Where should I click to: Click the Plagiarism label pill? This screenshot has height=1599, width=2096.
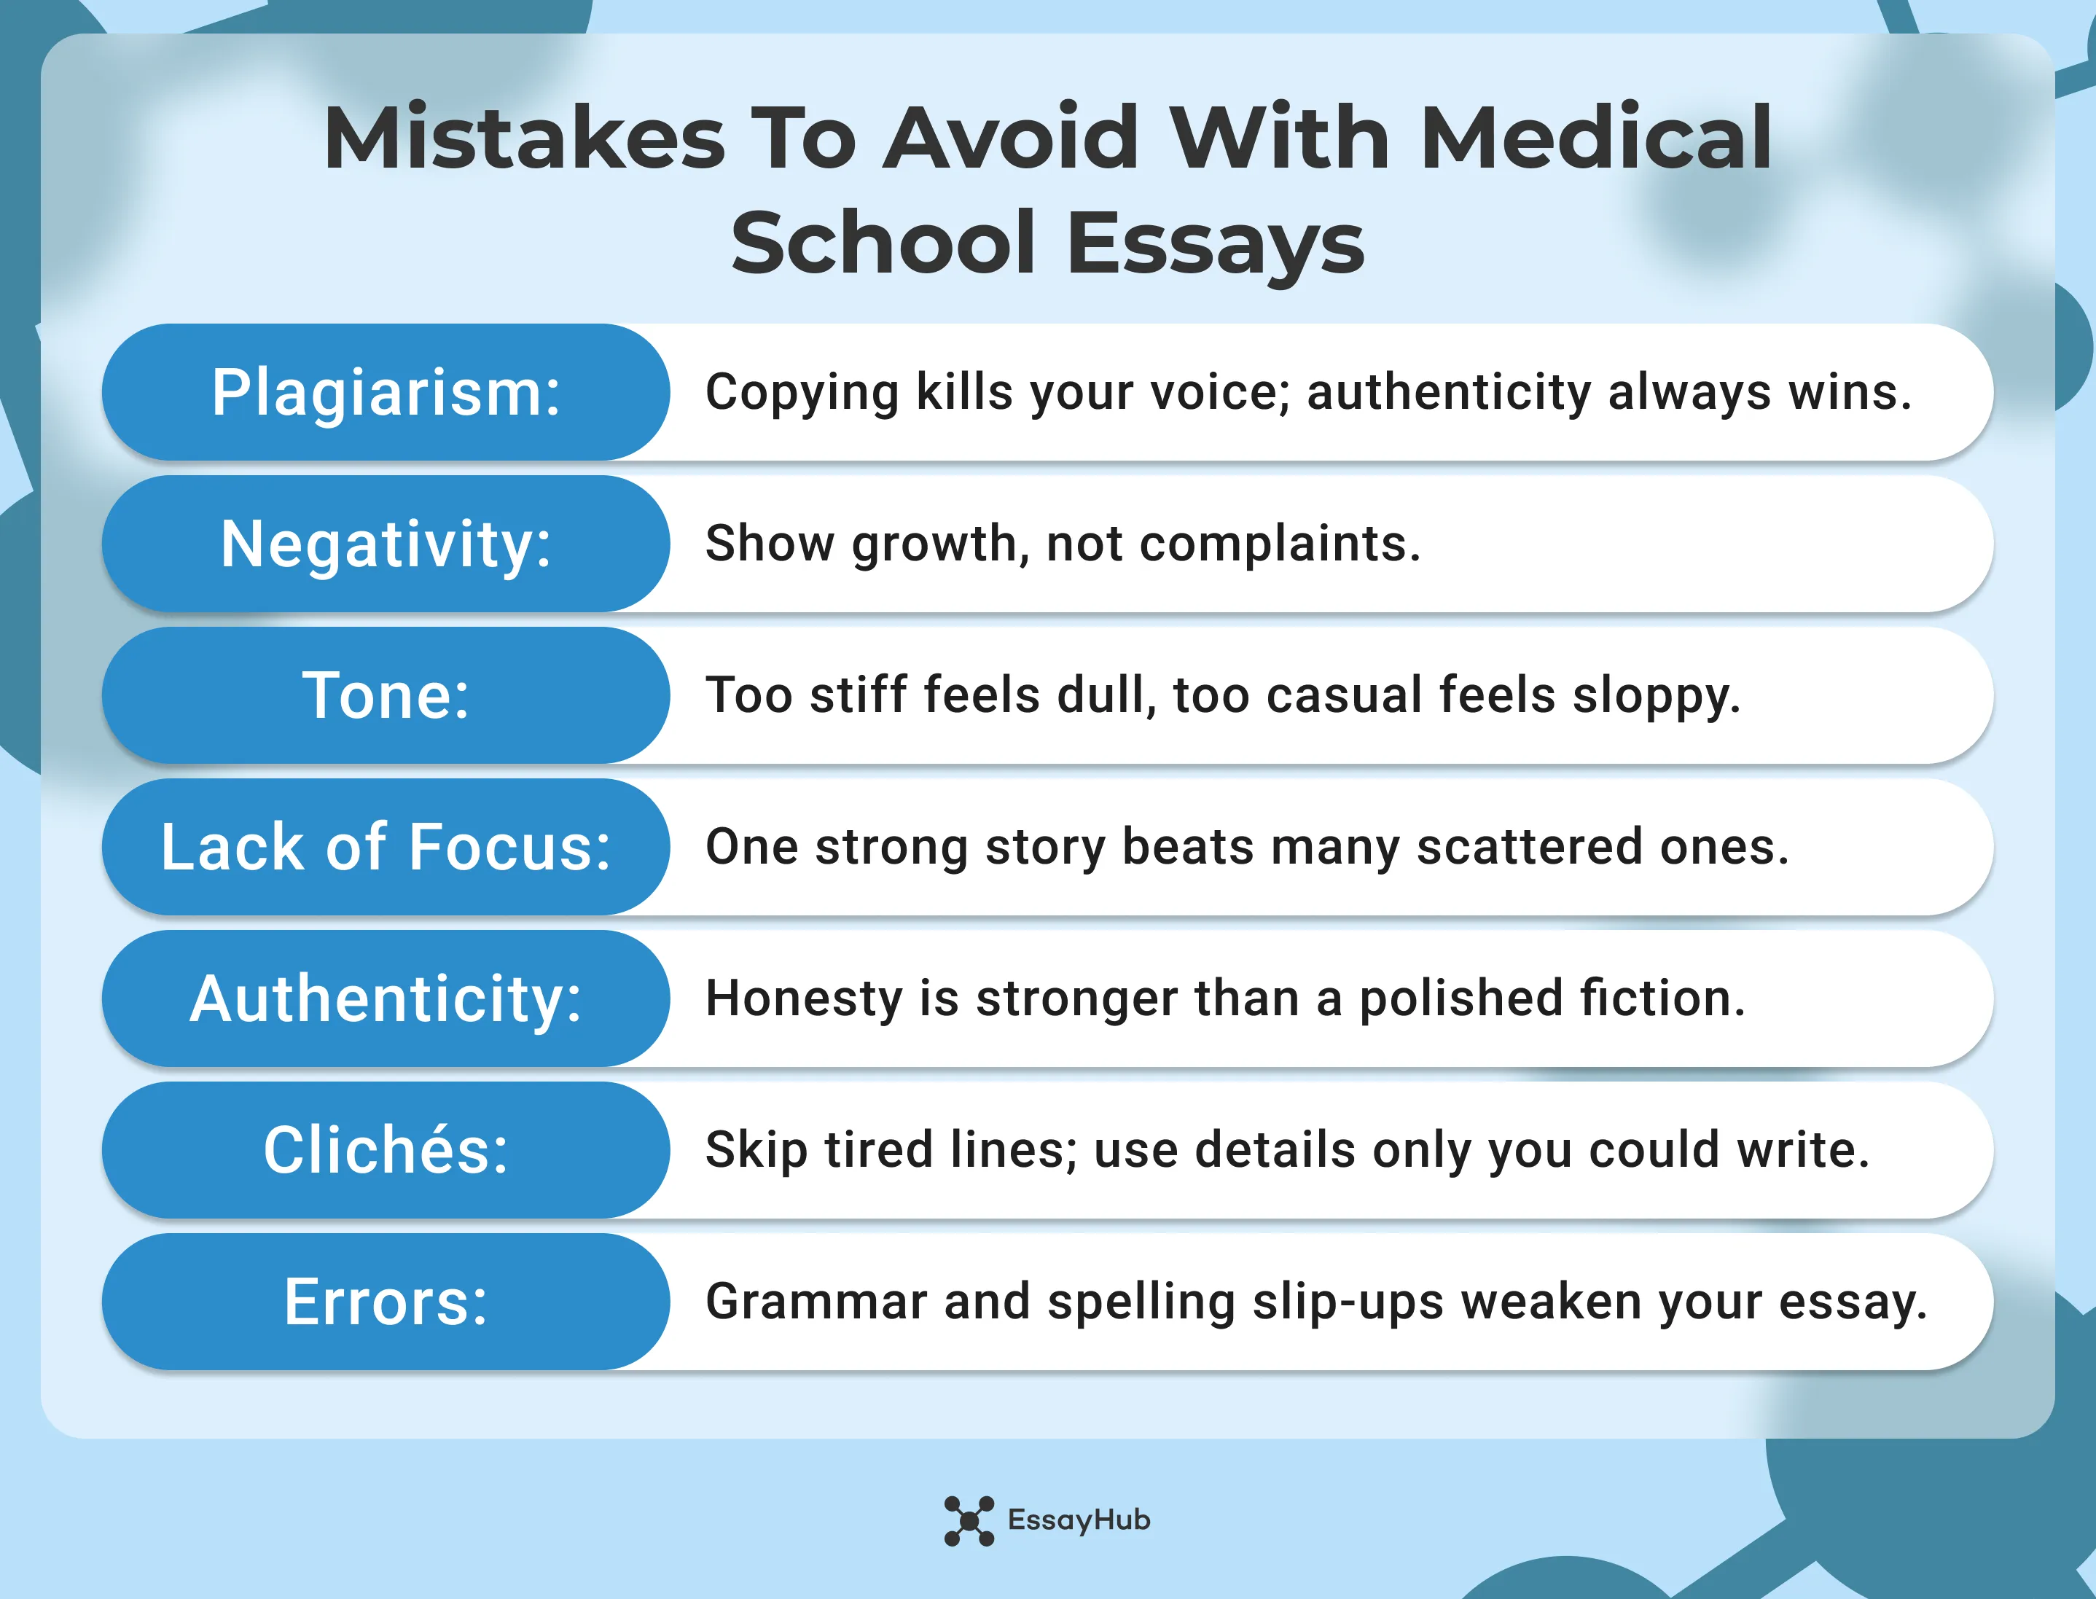point(386,392)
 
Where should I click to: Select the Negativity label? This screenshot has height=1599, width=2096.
point(386,544)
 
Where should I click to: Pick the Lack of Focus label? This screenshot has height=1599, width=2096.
point(386,846)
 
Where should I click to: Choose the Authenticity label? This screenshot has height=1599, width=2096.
point(386,998)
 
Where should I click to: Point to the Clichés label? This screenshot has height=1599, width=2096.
point(386,1150)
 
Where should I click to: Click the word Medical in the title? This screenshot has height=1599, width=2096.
point(1595,138)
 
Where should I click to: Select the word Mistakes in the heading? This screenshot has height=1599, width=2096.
point(525,138)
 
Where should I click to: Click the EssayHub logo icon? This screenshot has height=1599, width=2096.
point(968,1520)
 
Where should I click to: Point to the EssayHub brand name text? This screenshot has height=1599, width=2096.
point(1079,1520)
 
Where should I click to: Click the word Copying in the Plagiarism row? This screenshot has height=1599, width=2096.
point(802,393)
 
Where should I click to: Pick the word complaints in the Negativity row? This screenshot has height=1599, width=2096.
point(1279,544)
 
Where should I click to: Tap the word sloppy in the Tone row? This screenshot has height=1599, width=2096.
point(1655,696)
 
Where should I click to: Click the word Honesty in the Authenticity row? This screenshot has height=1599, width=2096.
point(803,999)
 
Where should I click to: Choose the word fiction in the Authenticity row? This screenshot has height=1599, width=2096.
point(1662,998)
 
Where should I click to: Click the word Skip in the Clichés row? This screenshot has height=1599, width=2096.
point(756,1151)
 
